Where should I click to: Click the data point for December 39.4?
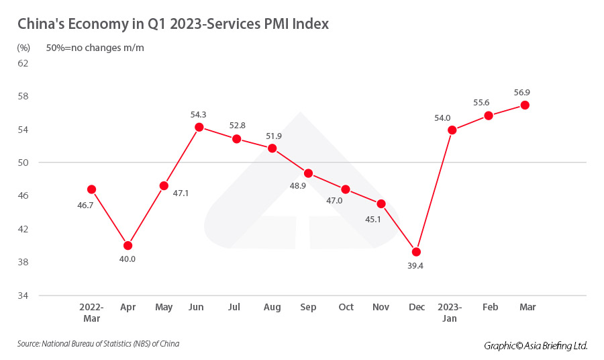coord(416,252)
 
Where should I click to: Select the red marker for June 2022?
coord(199,127)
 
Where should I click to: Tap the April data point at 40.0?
coord(128,245)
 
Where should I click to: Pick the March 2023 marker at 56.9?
coord(525,105)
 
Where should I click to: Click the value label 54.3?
coord(199,115)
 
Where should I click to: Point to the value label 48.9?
coord(298,185)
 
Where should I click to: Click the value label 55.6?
coord(481,102)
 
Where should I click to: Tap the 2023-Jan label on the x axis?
coord(449,312)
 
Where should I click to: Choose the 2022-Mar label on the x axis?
coord(91,312)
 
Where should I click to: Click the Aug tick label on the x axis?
coord(272,307)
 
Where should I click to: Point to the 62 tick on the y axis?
coord(23,63)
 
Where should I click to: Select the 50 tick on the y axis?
coord(23,163)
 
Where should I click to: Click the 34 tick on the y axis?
coord(23,296)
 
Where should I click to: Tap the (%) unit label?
coord(23,48)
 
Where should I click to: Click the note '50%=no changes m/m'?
coord(95,48)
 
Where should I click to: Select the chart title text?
coord(173,24)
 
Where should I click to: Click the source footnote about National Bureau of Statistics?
coord(99,344)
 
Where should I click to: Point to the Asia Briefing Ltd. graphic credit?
coord(536,345)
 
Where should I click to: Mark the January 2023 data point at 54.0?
coord(452,130)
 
